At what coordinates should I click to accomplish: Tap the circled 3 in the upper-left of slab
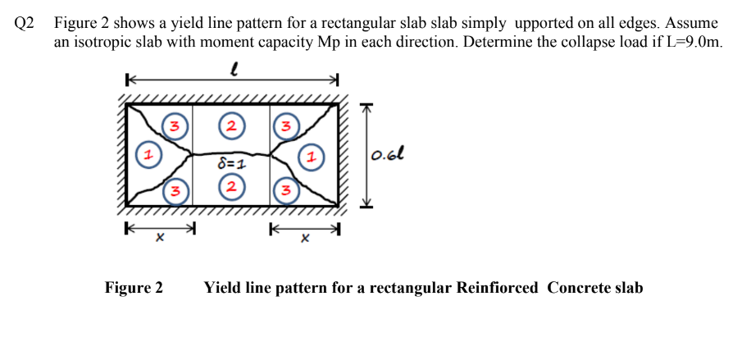(x=174, y=126)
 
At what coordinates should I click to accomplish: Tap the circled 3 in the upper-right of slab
(x=284, y=126)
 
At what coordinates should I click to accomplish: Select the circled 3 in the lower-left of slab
(x=174, y=192)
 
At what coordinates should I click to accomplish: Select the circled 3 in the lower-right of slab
(x=284, y=192)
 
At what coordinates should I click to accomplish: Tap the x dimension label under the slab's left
(x=161, y=239)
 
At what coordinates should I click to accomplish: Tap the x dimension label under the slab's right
(x=304, y=239)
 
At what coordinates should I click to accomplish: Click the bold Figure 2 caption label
(x=134, y=288)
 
